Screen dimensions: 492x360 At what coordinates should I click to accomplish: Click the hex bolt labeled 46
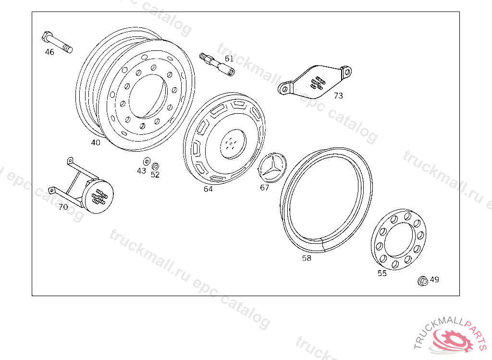click(x=57, y=42)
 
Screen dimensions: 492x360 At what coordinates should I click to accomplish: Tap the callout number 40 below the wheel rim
click(x=96, y=143)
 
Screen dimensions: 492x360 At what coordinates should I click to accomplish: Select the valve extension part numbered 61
click(x=217, y=64)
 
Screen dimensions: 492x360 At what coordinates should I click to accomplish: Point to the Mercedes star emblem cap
click(x=272, y=168)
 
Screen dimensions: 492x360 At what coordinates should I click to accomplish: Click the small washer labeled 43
click(x=147, y=161)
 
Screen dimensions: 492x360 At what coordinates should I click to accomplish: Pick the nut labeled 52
click(x=155, y=166)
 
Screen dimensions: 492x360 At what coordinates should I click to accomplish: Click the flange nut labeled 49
click(x=423, y=281)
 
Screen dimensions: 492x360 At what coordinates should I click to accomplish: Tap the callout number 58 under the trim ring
click(x=307, y=258)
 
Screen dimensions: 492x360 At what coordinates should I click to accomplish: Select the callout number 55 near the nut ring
click(x=382, y=274)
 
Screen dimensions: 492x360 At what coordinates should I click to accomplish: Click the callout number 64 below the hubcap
click(x=208, y=189)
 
